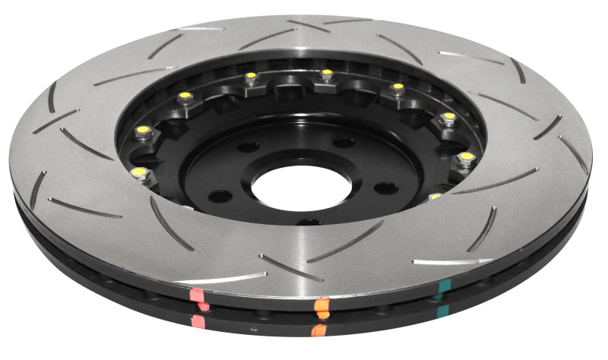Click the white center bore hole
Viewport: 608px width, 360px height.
(x=300, y=187)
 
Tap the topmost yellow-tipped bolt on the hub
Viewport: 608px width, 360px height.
(x=327, y=74)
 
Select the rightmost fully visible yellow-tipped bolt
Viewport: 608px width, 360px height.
(x=466, y=157)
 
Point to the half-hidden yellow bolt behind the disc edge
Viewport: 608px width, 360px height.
(x=435, y=196)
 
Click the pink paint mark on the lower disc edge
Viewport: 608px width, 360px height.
(x=199, y=322)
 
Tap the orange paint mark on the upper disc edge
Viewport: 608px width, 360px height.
(x=322, y=306)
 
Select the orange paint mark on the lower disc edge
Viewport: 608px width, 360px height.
(x=320, y=330)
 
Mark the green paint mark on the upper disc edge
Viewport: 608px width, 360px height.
(x=442, y=287)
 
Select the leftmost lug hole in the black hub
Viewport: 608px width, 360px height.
(x=220, y=197)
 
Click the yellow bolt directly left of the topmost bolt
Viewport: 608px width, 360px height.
(x=251, y=76)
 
